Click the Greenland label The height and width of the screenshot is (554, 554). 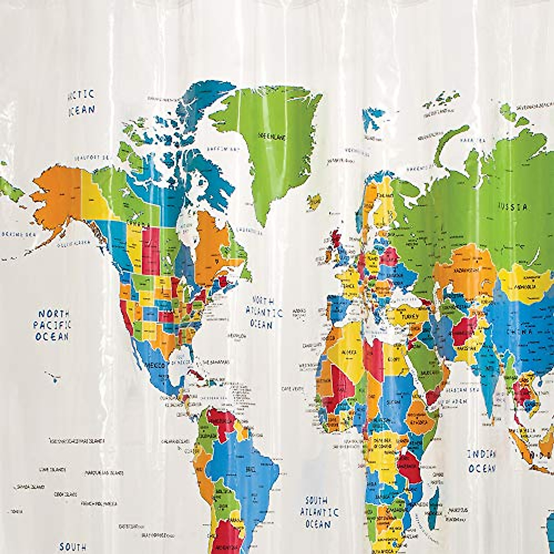click(x=272, y=137)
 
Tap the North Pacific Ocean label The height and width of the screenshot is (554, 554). click(x=52, y=325)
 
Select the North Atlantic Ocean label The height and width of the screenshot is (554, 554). click(x=264, y=313)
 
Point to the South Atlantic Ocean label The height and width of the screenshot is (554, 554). click(x=319, y=512)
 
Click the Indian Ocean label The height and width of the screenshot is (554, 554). click(x=482, y=461)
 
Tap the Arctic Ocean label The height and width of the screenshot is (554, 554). click(x=81, y=102)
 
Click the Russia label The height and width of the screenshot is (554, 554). click(x=512, y=206)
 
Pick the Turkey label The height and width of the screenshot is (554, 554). click(x=407, y=316)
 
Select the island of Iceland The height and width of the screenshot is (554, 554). click(x=314, y=201)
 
